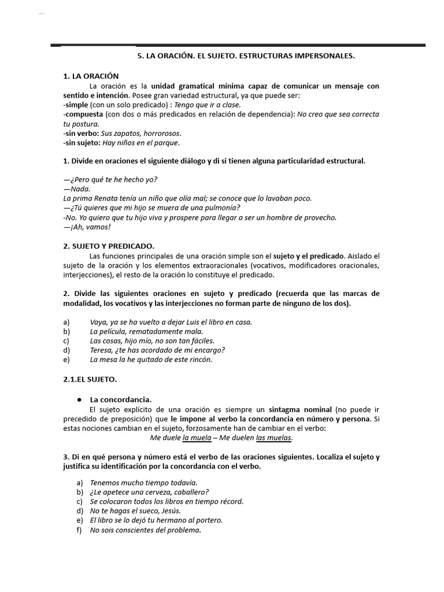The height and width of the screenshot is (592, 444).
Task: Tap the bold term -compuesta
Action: pos(84,114)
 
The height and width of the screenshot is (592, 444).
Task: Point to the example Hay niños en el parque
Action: pos(138,142)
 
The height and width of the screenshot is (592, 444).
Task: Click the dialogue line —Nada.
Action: pos(77,188)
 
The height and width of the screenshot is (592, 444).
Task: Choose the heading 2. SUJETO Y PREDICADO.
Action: pos(109,246)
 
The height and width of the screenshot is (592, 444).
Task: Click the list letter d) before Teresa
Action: pos(66,350)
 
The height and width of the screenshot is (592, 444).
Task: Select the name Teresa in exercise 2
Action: pos(103,350)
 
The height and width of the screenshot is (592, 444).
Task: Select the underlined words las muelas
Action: pos(274,438)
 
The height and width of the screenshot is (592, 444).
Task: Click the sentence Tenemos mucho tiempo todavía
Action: pos(144,482)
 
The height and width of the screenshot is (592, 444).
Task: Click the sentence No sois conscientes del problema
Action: pos(146,530)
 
